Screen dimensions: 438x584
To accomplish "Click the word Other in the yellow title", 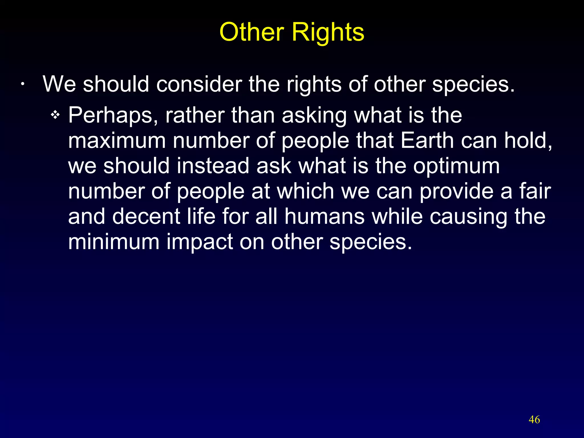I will point(252,32).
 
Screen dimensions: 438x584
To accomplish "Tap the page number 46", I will point(534,420).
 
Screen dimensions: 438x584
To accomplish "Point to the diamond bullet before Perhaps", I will point(55,115).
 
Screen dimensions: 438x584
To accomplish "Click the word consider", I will point(199,84).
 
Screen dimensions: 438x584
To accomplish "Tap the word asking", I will point(314,115).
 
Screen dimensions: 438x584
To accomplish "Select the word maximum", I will point(117,141).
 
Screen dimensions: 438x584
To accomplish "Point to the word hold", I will point(528,141).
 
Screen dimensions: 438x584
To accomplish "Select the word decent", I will point(146,216).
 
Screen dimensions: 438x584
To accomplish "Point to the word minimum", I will point(113,242).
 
